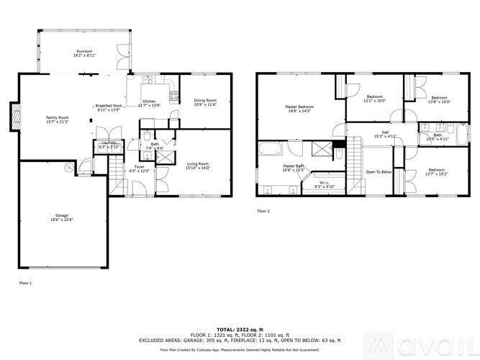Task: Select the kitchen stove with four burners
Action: pyautogui.click(x=174, y=97)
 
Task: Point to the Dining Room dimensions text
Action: pyautogui.click(x=206, y=105)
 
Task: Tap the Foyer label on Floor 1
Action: pyautogui.click(x=138, y=168)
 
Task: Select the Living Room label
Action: pyautogui.click(x=198, y=165)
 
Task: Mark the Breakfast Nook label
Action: pyautogui.click(x=109, y=106)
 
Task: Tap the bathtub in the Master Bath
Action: pyautogui.click(x=273, y=150)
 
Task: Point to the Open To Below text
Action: pyautogui.click(x=379, y=171)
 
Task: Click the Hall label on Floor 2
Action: pyautogui.click(x=385, y=132)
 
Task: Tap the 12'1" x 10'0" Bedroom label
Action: pyautogui.click(x=375, y=98)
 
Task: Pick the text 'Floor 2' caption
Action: pyautogui.click(x=263, y=211)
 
